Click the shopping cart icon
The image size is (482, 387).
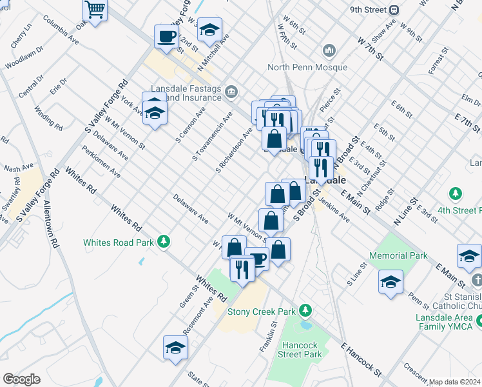pyautogui.click(x=95, y=10)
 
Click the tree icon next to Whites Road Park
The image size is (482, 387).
pyautogui.click(x=165, y=241)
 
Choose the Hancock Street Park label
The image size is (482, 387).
pyautogui.click(x=300, y=349)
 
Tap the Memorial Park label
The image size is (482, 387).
pyautogui.click(x=400, y=255)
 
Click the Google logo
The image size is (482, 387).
pyautogui.click(x=21, y=379)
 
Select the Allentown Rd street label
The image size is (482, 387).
pyautogui.click(x=53, y=226)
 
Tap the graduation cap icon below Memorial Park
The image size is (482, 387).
pyautogui.click(x=390, y=282)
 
